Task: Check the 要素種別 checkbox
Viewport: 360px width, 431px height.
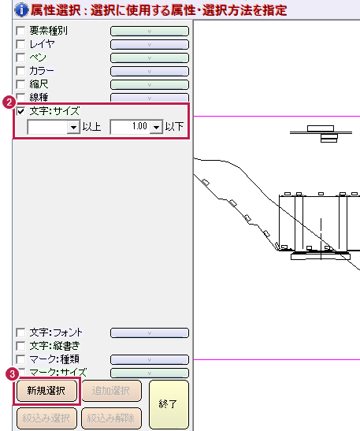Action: (x=20, y=31)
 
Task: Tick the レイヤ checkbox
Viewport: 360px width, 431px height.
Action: (x=20, y=44)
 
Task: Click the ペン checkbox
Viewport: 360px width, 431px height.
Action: (x=20, y=58)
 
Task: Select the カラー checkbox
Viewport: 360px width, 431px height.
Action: (x=20, y=71)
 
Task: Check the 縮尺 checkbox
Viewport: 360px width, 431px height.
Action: (x=20, y=84)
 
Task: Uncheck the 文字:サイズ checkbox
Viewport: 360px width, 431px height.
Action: (x=20, y=111)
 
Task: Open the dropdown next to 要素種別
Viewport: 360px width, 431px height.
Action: (x=150, y=31)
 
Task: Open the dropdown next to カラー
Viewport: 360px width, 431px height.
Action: (x=150, y=72)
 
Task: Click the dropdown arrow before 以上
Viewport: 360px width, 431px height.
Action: (x=73, y=127)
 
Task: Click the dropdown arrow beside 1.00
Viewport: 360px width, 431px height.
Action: (x=156, y=127)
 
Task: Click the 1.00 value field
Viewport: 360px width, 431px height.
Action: (x=130, y=127)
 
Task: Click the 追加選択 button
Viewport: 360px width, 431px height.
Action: (x=111, y=391)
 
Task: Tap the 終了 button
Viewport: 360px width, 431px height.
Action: (x=169, y=404)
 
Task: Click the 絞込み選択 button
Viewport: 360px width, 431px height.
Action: (x=46, y=418)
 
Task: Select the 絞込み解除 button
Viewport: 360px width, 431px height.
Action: (x=111, y=418)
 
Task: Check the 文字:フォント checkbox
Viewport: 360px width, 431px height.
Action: (x=20, y=333)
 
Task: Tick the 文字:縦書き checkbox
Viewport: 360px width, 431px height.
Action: (x=20, y=346)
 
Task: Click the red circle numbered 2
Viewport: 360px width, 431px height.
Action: (x=9, y=102)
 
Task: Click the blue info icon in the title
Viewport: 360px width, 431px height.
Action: (x=21, y=10)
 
